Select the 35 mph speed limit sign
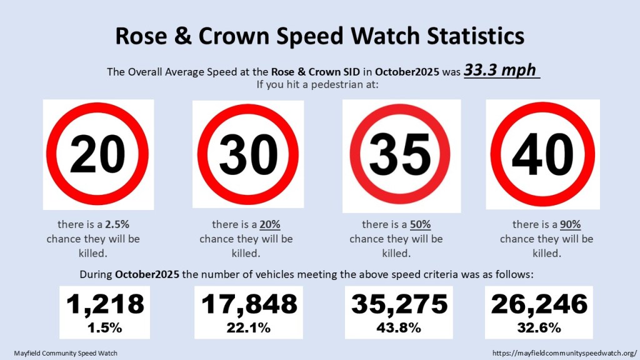[x=400, y=155]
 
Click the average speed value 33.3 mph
[x=501, y=70]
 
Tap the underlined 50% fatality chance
[x=421, y=224]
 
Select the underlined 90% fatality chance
[x=571, y=224]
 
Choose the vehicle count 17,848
[x=249, y=304]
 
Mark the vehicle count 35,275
[x=399, y=304]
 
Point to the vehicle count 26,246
[x=539, y=304]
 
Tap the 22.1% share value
[x=249, y=327]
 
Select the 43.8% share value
[x=399, y=327]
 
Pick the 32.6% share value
[x=539, y=327]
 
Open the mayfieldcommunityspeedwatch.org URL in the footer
[x=564, y=353]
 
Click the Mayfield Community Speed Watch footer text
[x=66, y=353]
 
